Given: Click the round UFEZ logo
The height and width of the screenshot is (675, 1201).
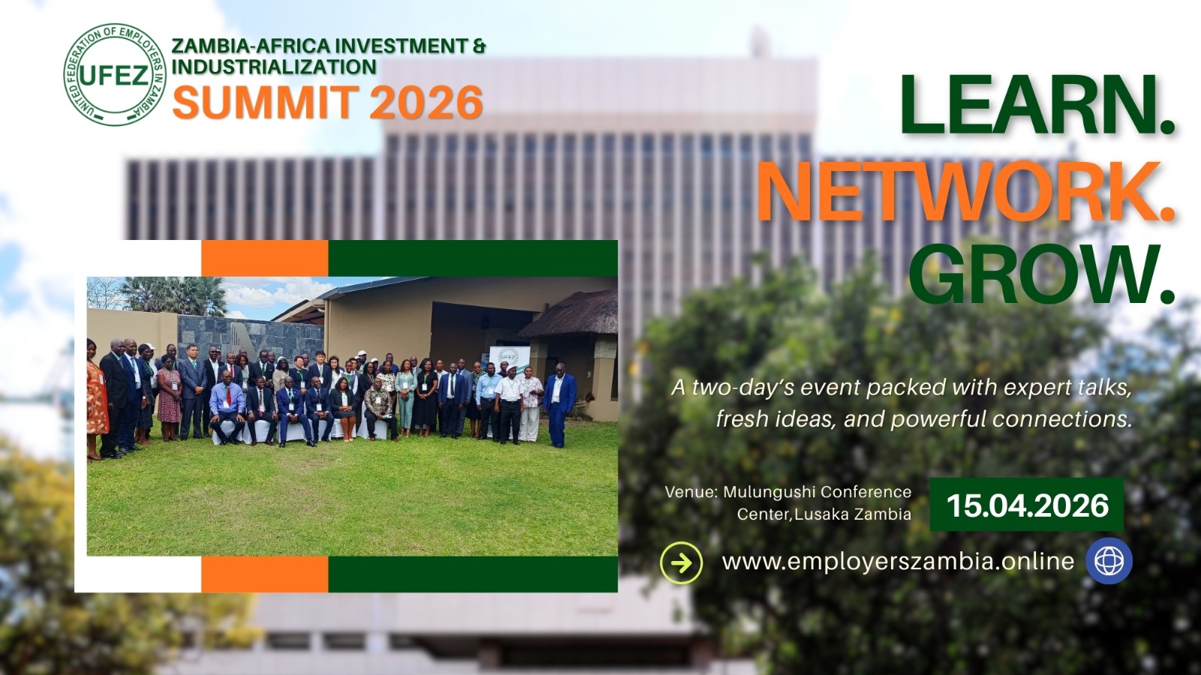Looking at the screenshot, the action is click(x=115, y=74).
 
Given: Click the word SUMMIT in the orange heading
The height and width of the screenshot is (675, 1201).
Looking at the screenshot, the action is click(x=266, y=102).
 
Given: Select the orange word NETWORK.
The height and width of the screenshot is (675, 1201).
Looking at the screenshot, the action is click(x=966, y=190).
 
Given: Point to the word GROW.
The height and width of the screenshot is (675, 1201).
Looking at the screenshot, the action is click(x=1041, y=274).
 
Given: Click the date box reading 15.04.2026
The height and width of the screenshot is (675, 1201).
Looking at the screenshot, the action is click(x=1027, y=505).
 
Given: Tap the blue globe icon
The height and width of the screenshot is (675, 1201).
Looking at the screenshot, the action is click(x=1109, y=561).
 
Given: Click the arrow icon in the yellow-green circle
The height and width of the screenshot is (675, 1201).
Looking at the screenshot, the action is click(x=682, y=562).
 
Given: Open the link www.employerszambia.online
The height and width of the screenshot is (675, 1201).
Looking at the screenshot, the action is click(x=898, y=562).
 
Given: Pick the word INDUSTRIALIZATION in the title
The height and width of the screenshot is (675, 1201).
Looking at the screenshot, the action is click(x=274, y=67).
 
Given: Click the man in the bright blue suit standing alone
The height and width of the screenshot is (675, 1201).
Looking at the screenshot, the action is click(x=559, y=404).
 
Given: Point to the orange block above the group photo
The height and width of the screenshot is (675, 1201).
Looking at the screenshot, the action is click(x=265, y=258).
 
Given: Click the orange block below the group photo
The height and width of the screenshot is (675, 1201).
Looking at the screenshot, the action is click(x=265, y=574).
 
